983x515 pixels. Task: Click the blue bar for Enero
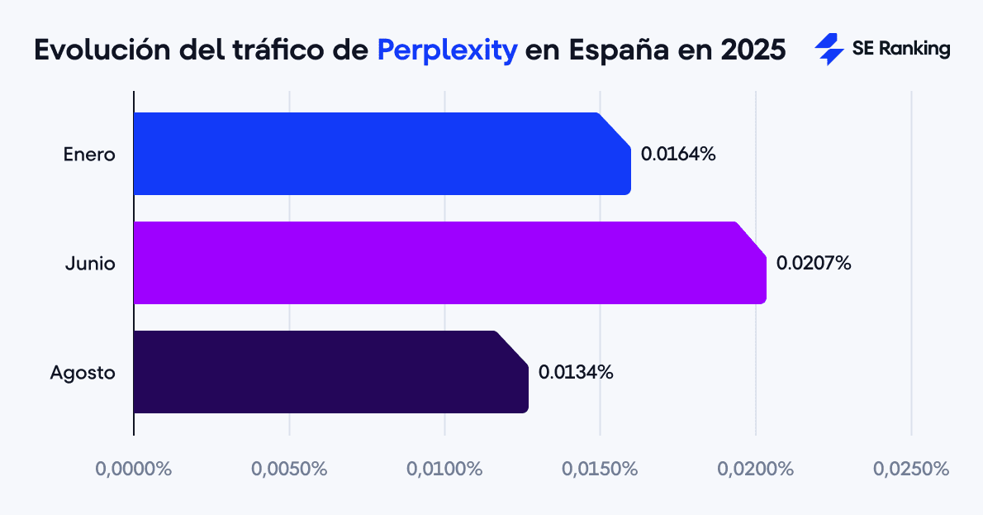pyautogui.click(x=380, y=154)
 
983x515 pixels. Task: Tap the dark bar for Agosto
pyautogui.click(x=330, y=372)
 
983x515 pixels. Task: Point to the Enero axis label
pyautogui.click(x=89, y=155)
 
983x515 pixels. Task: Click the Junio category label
pyautogui.click(x=90, y=264)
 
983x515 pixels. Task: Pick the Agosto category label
pyautogui.click(x=83, y=373)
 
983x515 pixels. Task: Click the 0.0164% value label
pyautogui.click(x=678, y=154)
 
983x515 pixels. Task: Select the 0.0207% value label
pyautogui.click(x=814, y=264)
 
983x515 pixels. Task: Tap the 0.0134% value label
pyautogui.click(x=576, y=372)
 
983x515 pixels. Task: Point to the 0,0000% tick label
pyautogui.click(x=134, y=469)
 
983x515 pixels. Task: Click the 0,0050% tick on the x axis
pyautogui.click(x=289, y=469)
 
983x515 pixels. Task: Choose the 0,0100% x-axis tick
pyautogui.click(x=444, y=469)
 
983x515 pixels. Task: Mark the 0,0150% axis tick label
pyautogui.click(x=600, y=469)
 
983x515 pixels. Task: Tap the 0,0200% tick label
pyautogui.click(x=755, y=469)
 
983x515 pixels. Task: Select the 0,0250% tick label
pyautogui.click(x=911, y=469)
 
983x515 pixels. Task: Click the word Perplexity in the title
pyautogui.click(x=448, y=50)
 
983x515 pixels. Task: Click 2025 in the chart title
pyautogui.click(x=753, y=50)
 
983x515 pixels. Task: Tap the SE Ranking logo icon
pyautogui.click(x=829, y=50)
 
